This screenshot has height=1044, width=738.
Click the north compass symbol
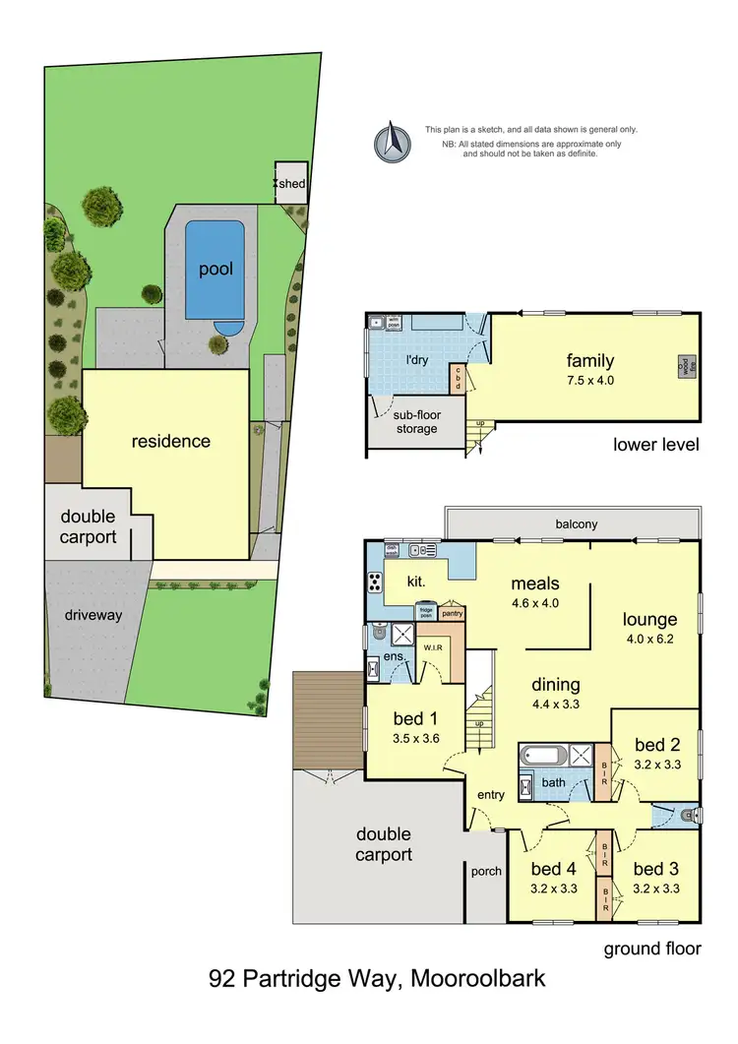tap(391, 141)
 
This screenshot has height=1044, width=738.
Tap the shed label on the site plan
tap(292, 184)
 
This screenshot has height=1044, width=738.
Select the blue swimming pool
tap(215, 269)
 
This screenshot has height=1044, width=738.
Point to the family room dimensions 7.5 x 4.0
tap(590, 379)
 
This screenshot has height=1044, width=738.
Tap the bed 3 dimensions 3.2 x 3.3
tap(656, 889)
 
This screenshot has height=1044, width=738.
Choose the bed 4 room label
tap(552, 869)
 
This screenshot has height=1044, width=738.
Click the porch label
tap(486, 871)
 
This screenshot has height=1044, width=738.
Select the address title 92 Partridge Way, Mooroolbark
tap(377, 979)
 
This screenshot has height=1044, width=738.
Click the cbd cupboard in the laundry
tap(457, 377)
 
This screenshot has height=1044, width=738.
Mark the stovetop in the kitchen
tap(376, 582)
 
